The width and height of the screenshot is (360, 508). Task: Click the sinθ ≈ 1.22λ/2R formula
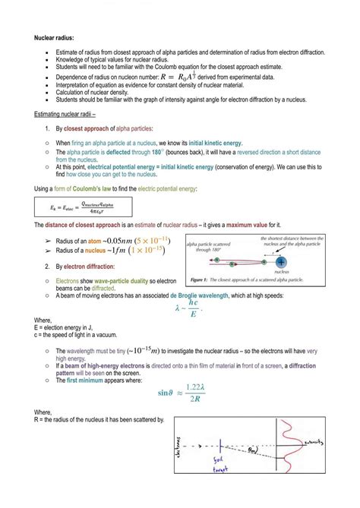(x=182, y=393)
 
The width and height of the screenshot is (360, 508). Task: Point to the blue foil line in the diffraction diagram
(x=219, y=448)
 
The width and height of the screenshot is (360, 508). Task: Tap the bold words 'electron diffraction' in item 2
(x=90, y=267)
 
